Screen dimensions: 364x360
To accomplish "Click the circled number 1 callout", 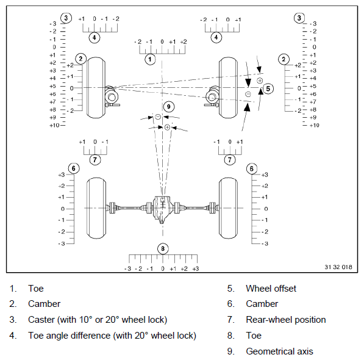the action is (150, 59).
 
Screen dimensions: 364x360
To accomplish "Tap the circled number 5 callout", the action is (268, 88).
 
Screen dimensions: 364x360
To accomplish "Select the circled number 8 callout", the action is (163, 249).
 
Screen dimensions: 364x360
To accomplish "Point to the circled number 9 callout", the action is (169, 107).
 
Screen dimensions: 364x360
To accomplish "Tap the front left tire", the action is (96, 88).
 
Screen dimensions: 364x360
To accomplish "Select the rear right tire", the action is (229, 208).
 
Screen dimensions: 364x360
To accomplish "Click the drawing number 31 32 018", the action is (338, 267).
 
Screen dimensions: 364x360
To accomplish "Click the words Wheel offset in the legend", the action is (271, 289).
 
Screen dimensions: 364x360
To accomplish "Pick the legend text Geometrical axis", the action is (279, 351).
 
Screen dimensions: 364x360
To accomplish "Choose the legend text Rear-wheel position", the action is (286, 320).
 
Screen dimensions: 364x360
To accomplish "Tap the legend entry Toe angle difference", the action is (69, 336).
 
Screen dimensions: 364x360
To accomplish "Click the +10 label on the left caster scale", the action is (54, 126).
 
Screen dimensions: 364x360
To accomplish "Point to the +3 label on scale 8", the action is (196, 268).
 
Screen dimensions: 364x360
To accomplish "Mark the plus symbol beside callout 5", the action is (260, 81).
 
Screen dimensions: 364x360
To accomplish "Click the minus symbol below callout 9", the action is (158, 117).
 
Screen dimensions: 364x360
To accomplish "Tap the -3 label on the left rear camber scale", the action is (62, 243).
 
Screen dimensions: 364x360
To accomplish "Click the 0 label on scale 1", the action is (162, 42).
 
